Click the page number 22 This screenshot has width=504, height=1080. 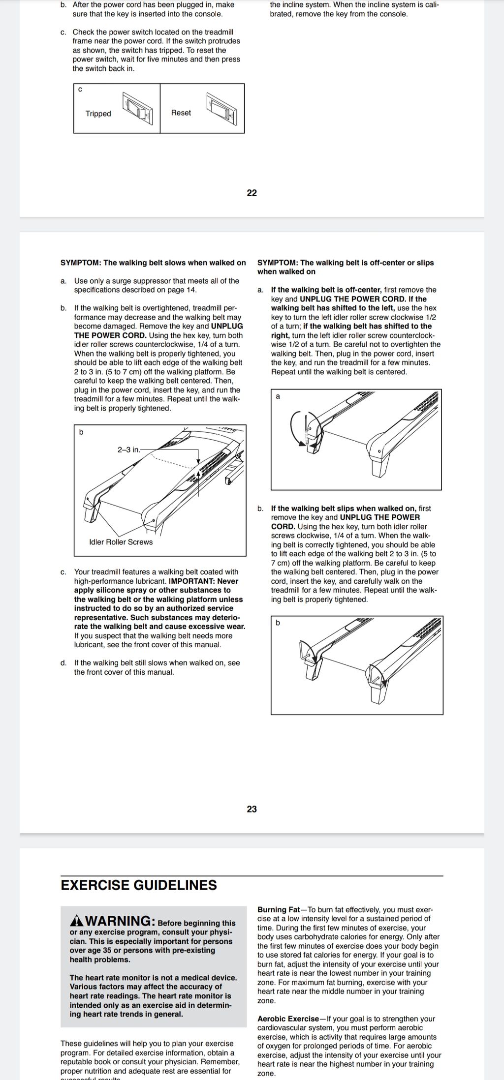pos(252,193)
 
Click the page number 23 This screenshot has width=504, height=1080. pos(252,809)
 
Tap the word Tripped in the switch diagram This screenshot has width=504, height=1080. pos(98,114)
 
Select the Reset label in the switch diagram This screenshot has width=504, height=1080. pos(181,113)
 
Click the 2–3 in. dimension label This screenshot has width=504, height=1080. pos(128,450)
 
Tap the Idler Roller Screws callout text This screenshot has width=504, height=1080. pos(121,542)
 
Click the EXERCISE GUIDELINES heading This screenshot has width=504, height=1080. pos(139,885)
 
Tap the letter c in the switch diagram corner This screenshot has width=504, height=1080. pos(80,89)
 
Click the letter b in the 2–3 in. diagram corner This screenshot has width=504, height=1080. pos(81,432)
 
